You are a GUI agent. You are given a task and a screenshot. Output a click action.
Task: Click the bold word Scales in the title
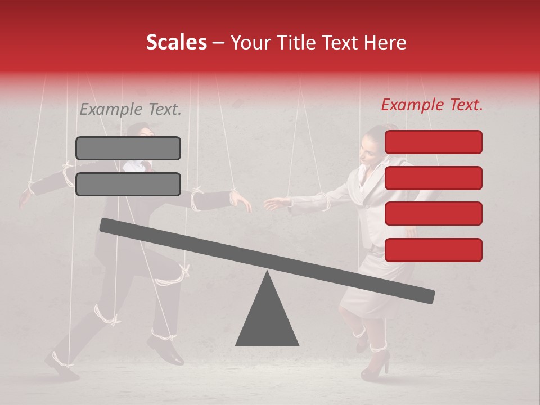176,42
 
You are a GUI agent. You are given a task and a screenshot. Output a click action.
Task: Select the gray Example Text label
130,109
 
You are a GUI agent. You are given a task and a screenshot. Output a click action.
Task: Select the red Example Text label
432,105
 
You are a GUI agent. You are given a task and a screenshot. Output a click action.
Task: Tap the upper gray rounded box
128,148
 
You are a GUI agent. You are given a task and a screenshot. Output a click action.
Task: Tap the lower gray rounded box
128,184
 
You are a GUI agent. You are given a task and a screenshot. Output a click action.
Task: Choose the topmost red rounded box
433,142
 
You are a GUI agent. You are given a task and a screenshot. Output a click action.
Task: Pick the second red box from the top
433,178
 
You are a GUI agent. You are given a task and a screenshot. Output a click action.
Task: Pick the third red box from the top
433,213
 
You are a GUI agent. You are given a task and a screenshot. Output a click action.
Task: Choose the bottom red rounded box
433,250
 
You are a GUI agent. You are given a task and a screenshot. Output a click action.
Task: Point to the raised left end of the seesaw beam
107,224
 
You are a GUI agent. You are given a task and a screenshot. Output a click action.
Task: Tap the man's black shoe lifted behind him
165,348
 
